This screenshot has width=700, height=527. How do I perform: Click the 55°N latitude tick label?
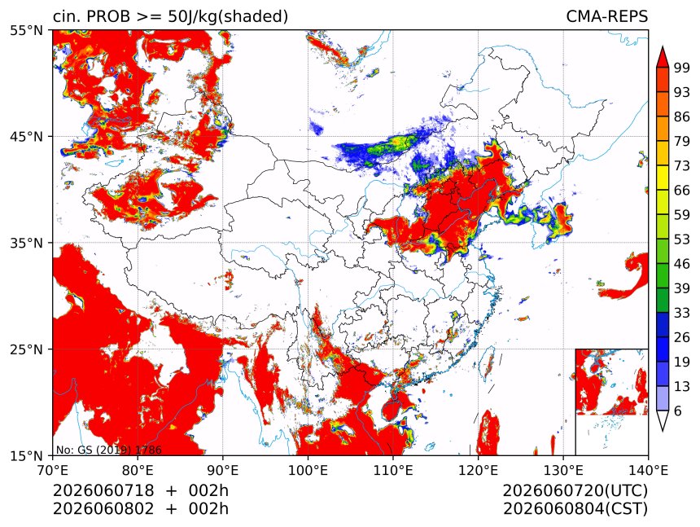point(27,30)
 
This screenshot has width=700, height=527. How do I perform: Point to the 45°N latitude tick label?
point(27,136)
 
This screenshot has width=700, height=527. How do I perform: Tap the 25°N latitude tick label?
point(27,349)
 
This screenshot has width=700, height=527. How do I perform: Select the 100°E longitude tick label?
point(308,470)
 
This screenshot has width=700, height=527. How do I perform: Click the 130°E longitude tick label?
point(563,470)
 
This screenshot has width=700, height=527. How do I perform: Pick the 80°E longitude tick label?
point(138,470)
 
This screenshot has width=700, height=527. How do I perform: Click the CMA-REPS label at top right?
point(606,16)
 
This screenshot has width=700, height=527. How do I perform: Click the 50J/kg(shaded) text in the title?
point(228,17)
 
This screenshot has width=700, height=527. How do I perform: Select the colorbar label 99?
point(682,68)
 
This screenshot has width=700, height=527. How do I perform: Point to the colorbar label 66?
point(682,191)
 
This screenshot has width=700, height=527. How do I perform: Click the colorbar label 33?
point(682,313)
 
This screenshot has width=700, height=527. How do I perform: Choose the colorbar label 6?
point(678,411)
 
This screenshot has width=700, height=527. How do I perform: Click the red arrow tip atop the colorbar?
point(663,46)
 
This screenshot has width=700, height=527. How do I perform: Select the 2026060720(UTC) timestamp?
point(575,491)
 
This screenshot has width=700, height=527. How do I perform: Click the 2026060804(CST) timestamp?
point(575,509)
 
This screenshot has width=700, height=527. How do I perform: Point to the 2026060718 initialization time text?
point(103,490)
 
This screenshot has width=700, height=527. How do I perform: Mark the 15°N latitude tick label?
point(27,455)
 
